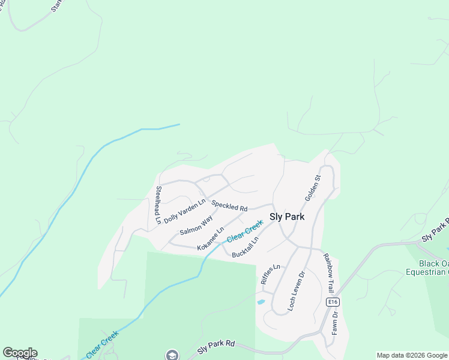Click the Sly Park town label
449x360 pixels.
coord(287,217)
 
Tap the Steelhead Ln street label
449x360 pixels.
coord(158,205)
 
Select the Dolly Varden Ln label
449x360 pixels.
coord(184,211)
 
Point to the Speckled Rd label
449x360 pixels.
coord(229,205)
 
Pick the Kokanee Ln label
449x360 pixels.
coord(211,238)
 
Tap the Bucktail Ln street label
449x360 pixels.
coord(245,247)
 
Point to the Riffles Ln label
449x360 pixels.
coord(270,274)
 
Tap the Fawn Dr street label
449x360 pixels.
coord(335,322)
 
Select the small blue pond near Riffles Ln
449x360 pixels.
coord(261,302)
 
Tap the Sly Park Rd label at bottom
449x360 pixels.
coord(216,346)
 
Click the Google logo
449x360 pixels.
coord(20,353)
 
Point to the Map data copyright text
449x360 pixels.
coord(412,355)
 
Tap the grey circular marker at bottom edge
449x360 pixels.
coord(172,355)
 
